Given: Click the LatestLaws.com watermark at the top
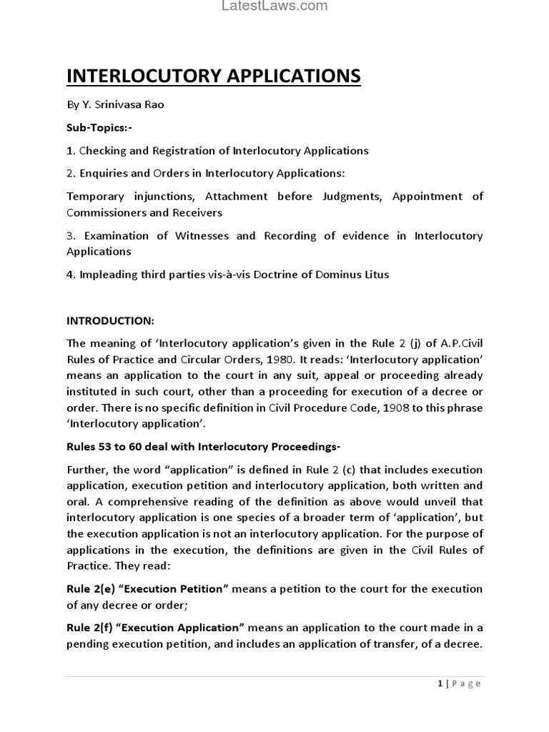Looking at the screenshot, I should click(x=274, y=6).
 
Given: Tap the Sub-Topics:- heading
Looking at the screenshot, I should click(x=99, y=127).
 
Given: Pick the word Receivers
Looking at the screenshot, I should click(x=197, y=212).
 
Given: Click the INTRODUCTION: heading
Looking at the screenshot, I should click(x=110, y=320).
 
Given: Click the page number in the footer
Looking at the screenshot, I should click(x=440, y=683).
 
